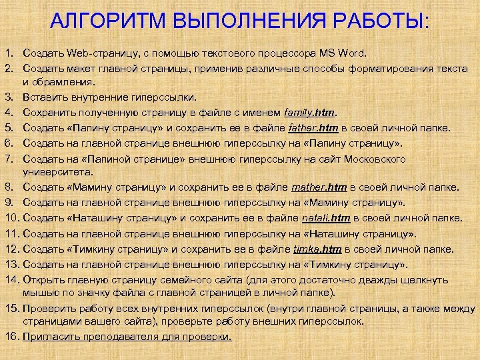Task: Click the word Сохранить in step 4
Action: (49, 112)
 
